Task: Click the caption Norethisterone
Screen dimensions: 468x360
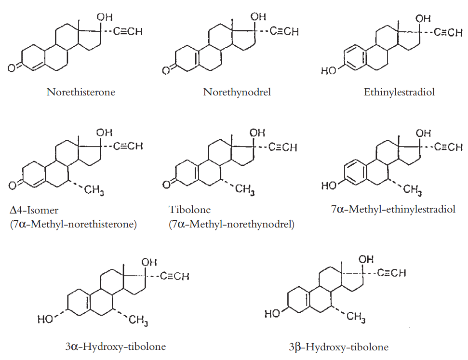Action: [81, 92]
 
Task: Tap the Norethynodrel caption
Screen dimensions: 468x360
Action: [237, 92]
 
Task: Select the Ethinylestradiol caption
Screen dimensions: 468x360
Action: [399, 92]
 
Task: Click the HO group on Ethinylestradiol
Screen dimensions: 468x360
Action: [329, 71]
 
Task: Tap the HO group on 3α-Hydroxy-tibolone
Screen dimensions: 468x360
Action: [45, 319]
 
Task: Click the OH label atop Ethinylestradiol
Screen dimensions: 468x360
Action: [423, 19]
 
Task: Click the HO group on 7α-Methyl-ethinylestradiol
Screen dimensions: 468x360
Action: [329, 186]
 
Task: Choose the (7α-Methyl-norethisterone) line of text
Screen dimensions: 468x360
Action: [73, 224]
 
